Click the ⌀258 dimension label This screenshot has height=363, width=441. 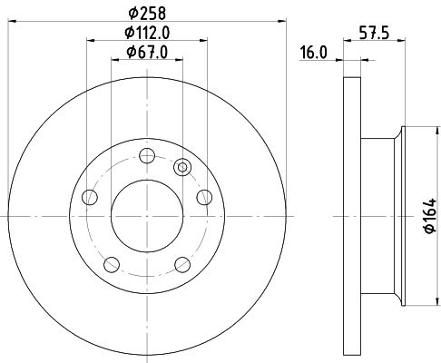(147, 14)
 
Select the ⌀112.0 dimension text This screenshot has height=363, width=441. (147, 33)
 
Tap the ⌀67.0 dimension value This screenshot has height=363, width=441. (147, 52)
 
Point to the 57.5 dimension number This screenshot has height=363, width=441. (374, 33)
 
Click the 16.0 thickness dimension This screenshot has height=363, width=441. (313, 53)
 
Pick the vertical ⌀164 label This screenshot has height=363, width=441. (430, 215)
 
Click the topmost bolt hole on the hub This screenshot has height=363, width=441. (147, 156)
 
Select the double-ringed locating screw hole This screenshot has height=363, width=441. (182, 167)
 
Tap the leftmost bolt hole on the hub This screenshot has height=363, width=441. (90, 197)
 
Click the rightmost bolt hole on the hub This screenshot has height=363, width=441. (204, 197)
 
